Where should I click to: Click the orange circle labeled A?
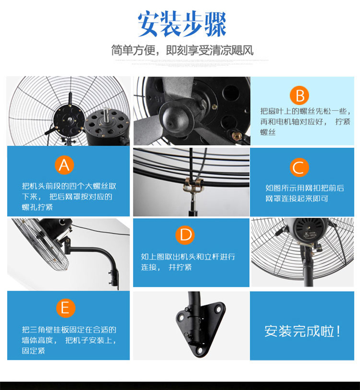[x=64, y=165]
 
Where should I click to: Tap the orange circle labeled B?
[x=299, y=95]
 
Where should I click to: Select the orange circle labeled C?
[x=299, y=167]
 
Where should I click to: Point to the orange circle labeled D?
[x=185, y=235]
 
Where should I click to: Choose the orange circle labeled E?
[x=65, y=308]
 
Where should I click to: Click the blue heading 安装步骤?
[x=182, y=24]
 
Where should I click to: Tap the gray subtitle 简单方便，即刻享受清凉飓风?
[x=182, y=50]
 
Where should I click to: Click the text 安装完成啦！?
[x=302, y=331]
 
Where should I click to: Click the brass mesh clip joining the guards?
[x=193, y=184]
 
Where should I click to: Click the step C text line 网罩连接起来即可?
[x=297, y=199]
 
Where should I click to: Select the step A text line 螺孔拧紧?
[x=37, y=207]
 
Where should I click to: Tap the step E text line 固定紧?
[x=34, y=351]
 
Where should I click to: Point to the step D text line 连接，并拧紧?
[x=166, y=267]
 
